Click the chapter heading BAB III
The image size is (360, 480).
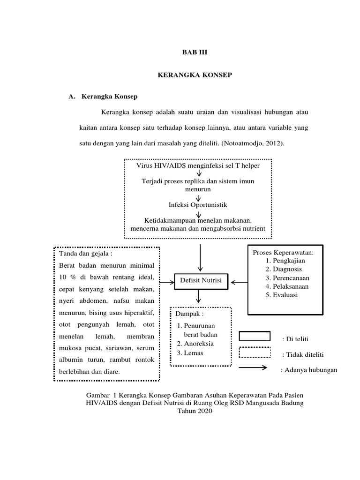194,53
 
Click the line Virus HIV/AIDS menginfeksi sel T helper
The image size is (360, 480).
198,165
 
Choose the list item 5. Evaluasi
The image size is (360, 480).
281,295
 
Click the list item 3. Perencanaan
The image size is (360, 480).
287,277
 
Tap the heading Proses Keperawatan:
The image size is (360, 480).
283,253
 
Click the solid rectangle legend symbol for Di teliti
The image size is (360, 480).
255,336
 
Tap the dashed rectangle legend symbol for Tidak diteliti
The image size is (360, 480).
255,352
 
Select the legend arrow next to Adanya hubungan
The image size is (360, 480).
255,368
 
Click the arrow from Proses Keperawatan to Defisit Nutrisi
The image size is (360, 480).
239,282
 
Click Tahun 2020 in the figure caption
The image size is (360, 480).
195,411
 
